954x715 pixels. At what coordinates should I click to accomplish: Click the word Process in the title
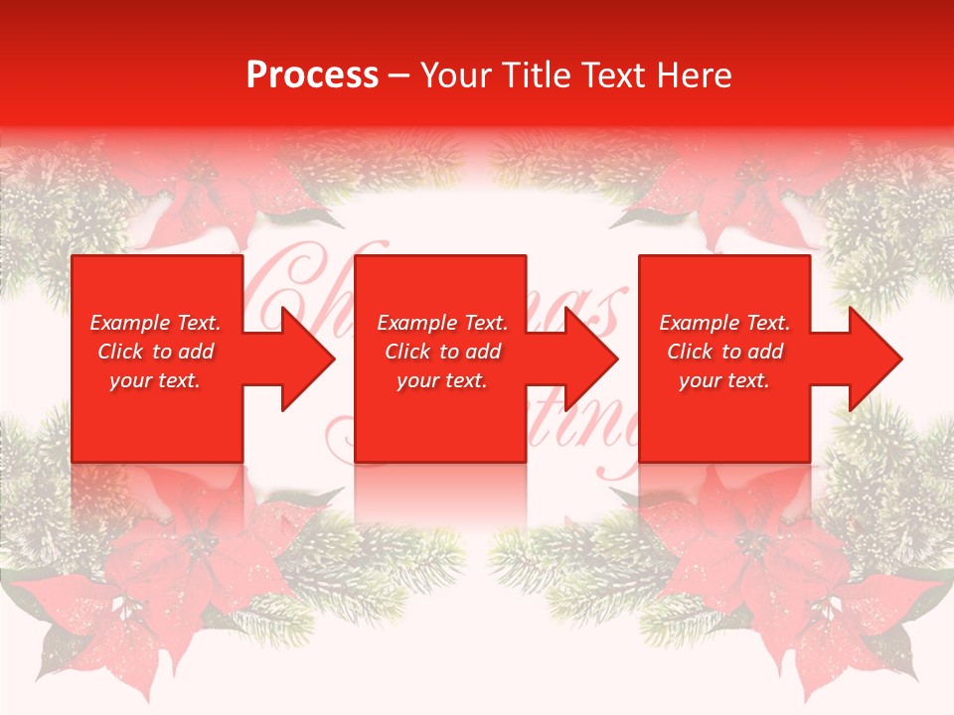312,75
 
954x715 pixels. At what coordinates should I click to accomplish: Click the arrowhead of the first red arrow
307,358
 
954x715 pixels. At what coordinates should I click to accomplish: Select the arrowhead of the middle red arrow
590,358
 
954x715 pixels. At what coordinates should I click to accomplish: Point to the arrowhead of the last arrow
874,358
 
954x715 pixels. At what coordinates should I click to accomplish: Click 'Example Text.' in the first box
155,323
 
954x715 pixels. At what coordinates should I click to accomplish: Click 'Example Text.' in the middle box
442,323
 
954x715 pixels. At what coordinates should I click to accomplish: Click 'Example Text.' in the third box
724,323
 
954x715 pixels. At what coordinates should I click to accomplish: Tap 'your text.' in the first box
155,380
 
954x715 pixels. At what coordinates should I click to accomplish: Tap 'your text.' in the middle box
442,380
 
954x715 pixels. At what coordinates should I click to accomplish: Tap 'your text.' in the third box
724,380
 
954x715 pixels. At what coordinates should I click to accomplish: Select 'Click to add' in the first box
155,352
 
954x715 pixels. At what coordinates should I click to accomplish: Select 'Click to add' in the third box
724,352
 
